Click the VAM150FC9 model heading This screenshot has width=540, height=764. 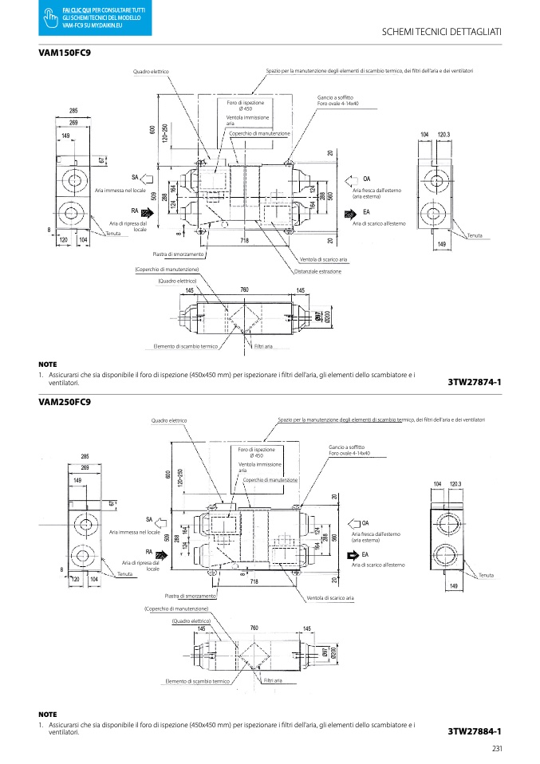pyautogui.click(x=65, y=52)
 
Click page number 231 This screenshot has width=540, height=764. pyautogui.click(x=496, y=748)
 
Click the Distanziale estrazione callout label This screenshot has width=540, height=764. pyautogui.click(x=317, y=271)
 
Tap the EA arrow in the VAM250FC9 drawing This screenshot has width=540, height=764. pyautogui.click(x=353, y=555)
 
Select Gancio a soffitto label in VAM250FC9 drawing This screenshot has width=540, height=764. pyautogui.click(x=346, y=447)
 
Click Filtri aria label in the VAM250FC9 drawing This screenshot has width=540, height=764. pyautogui.click(x=273, y=680)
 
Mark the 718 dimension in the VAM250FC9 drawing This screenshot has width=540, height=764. pyautogui.click(x=254, y=581)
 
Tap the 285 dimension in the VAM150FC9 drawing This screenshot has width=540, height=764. pyautogui.click(x=73, y=110)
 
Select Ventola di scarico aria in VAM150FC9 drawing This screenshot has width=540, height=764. pyautogui.click(x=324, y=259)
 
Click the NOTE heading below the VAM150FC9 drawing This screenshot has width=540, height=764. pyautogui.click(x=47, y=364)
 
